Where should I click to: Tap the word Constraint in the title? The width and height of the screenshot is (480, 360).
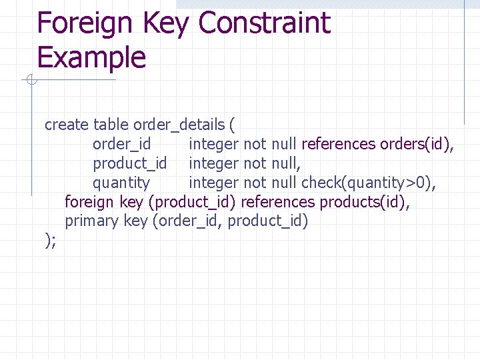coord(264,24)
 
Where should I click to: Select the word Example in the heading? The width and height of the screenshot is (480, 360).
coord(91,57)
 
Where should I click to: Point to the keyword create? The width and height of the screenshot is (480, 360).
coord(67,125)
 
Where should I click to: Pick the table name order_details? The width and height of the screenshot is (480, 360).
coord(179,125)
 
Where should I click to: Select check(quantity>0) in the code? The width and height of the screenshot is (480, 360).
coord(373,183)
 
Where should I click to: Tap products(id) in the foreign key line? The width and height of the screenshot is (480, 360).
coord(365,202)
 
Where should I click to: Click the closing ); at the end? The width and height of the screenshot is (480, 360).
coord(50,241)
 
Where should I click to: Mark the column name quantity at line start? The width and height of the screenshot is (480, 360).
coord(121,183)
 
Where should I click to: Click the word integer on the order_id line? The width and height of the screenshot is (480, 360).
coord(213,144)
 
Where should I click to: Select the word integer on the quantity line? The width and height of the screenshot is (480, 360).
coord(213,183)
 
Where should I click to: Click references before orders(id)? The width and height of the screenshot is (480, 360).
coord(339,144)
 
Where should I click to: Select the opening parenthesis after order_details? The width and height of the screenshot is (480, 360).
coord(231,125)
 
